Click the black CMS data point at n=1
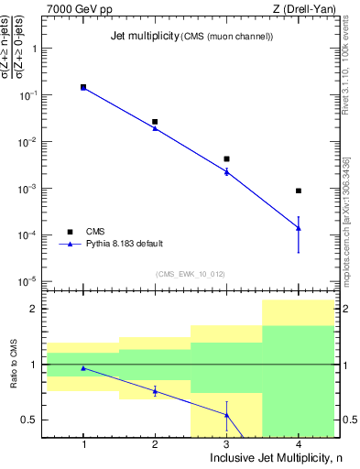83,87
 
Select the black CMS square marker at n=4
299,191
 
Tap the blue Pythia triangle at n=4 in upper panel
299,228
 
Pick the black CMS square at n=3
226,158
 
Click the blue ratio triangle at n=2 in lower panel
155,391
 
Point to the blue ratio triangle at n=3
226,415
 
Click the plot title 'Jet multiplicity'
130,35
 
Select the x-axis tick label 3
226,444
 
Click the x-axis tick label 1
83,444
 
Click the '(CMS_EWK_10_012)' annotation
191,274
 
